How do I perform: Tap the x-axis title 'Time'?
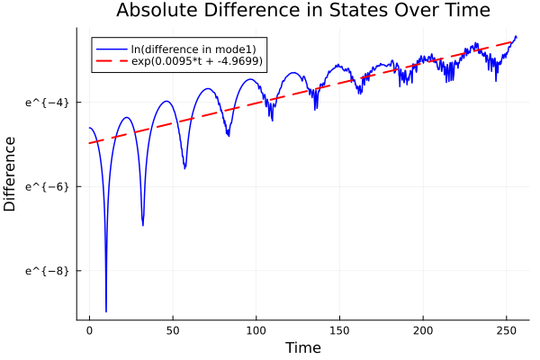[x=302, y=347]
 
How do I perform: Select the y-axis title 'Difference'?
[x=10, y=174]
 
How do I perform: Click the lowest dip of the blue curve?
[x=106, y=310]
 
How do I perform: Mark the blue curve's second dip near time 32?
[x=143, y=225]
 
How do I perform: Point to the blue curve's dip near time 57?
[x=184, y=167]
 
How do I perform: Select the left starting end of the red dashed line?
[x=90, y=143]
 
